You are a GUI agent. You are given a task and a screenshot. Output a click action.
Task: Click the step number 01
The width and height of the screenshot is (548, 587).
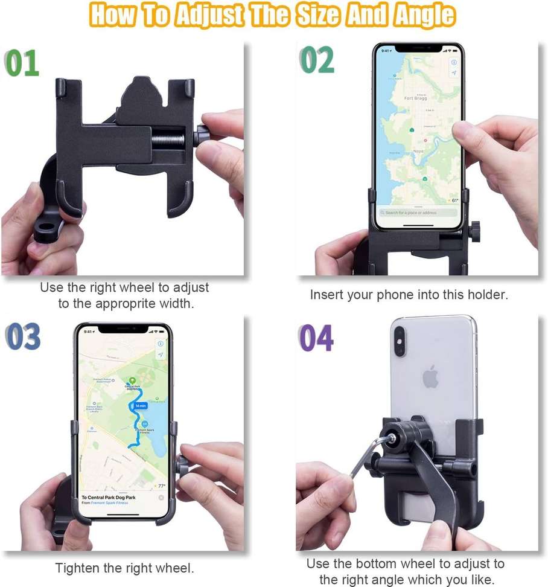22,63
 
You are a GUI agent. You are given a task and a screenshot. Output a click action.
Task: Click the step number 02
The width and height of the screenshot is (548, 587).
317,60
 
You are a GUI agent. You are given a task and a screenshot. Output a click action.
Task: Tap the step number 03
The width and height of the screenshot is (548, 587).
23,336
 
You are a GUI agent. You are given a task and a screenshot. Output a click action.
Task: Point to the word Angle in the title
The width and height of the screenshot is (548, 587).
423,16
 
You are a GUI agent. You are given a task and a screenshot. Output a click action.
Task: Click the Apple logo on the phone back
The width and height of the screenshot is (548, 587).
430,377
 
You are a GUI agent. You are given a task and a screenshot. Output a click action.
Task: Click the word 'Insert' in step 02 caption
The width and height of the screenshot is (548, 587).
326,295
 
